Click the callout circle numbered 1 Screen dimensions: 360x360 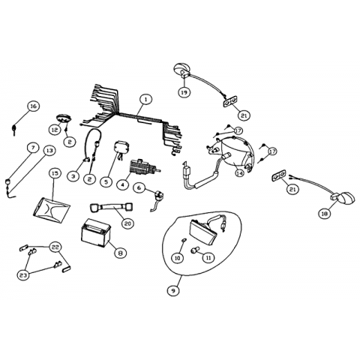point(145,100)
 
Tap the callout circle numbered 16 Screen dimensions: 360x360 point(33,106)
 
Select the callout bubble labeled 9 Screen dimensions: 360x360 point(173,290)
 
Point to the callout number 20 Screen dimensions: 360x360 point(127,223)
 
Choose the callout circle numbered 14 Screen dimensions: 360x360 point(240,172)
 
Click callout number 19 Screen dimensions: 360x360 point(184,92)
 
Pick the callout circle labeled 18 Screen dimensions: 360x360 point(325,213)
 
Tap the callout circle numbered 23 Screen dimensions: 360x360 point(23,275)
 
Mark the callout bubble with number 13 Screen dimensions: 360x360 point(49,151)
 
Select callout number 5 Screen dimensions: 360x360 point(106,181)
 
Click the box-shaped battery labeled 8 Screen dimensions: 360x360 point(96,233)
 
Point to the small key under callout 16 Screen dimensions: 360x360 point(13,130)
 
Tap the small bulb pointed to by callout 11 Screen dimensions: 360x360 point(194,250)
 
